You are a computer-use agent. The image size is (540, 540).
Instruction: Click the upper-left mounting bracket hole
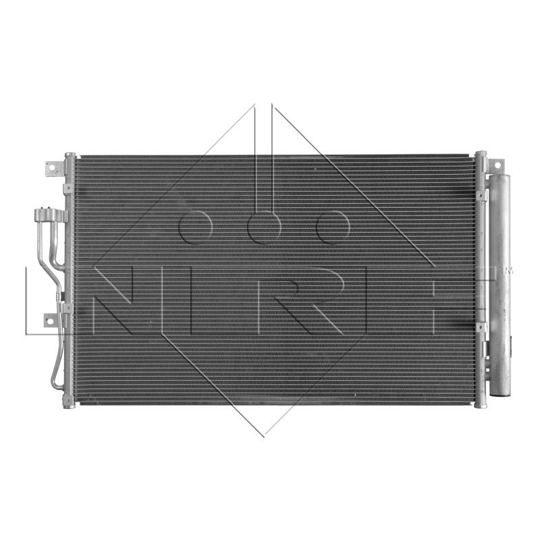(x=51, y=167)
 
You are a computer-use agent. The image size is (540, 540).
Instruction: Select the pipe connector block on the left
(x=50, y=216)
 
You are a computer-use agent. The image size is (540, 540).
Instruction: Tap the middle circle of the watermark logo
(x=264, y=226)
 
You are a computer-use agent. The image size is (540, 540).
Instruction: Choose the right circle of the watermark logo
(x=333, y=226)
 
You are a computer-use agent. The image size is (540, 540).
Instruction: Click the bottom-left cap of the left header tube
(x=68, y=403)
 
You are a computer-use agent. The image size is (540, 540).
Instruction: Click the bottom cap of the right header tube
(x=480, y=403)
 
